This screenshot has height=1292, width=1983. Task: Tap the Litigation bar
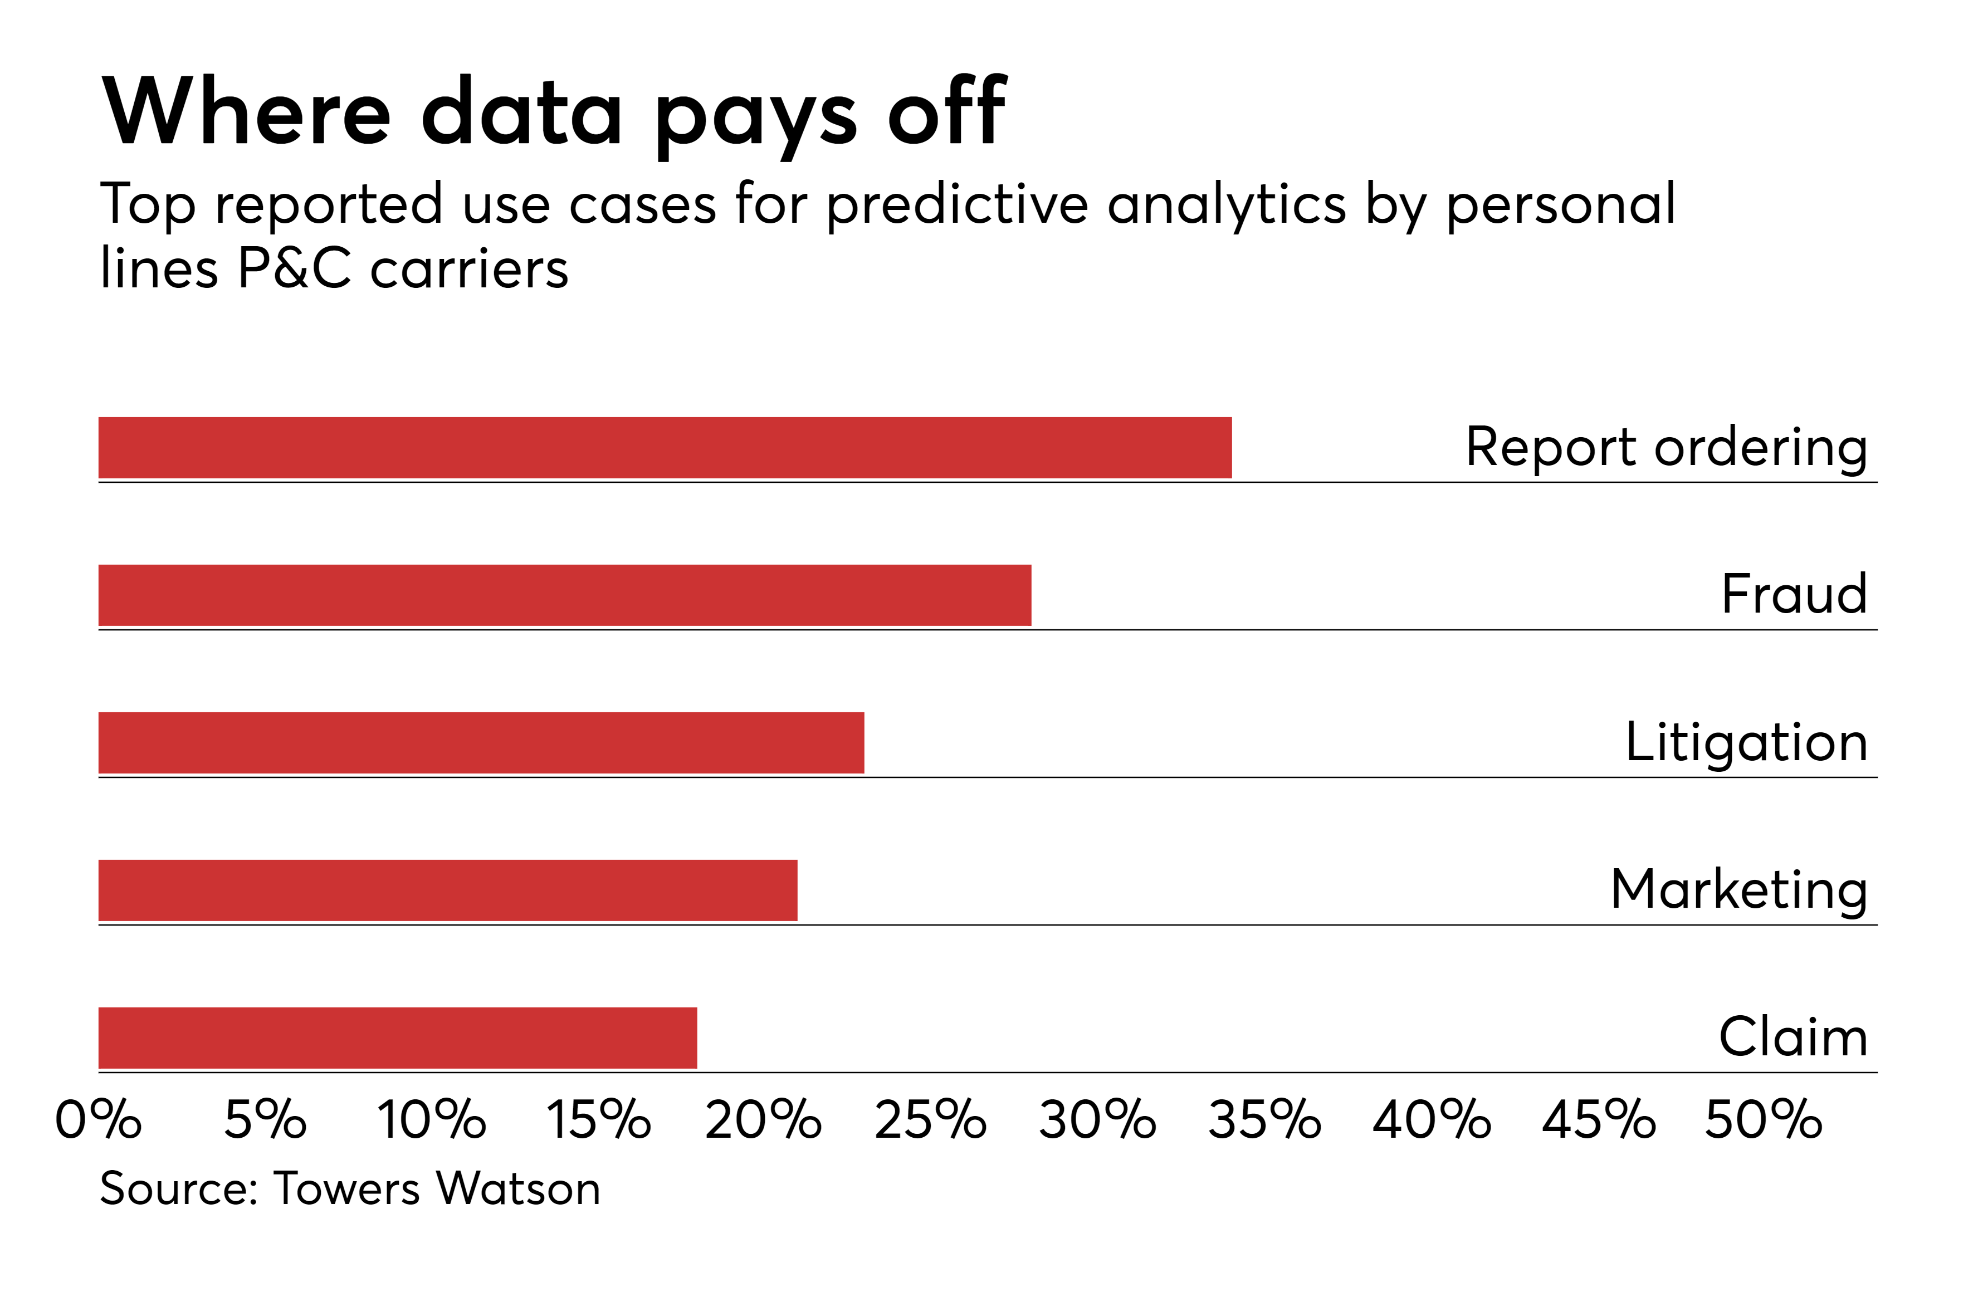point(482,742)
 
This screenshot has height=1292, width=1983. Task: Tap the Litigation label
point(1746,742)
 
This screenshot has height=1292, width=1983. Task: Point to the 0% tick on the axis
point(99,1119)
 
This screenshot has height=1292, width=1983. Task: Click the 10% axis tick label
point(432,1119)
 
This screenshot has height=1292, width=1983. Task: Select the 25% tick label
point(931,1119)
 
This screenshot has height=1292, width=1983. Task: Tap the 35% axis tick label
point(1265,1119)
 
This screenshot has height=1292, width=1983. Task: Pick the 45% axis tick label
point(1599,1119)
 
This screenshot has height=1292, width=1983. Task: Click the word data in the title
point(522,112)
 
